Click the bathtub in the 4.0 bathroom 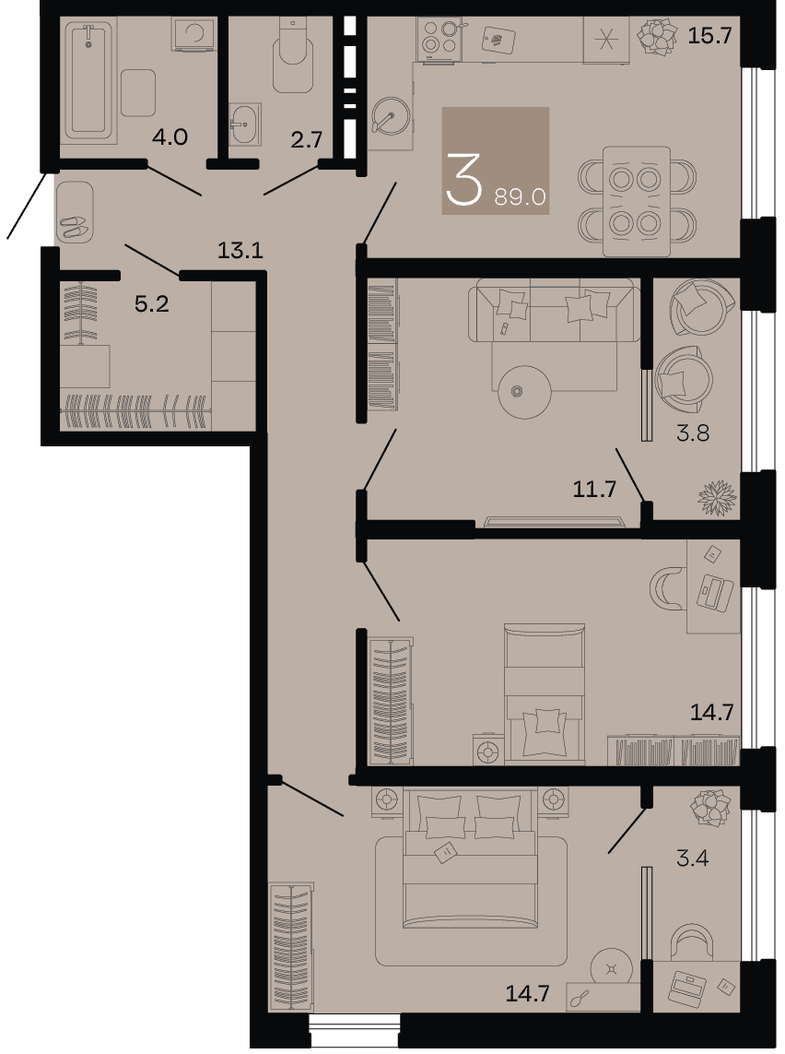[x=89, y=78]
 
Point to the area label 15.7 [x=709, y=36]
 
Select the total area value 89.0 [x=520, y=196]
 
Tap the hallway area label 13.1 [x=240, y=250]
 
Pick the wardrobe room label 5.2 [x=152, y=303]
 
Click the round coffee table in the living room [x=525, y=391]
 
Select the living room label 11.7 [x=594, y=489]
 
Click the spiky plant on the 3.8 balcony [x=718, y=497]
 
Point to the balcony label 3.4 [x=692, y=858]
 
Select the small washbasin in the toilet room [x=244, y=124]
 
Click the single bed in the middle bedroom [x=545, y=693]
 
